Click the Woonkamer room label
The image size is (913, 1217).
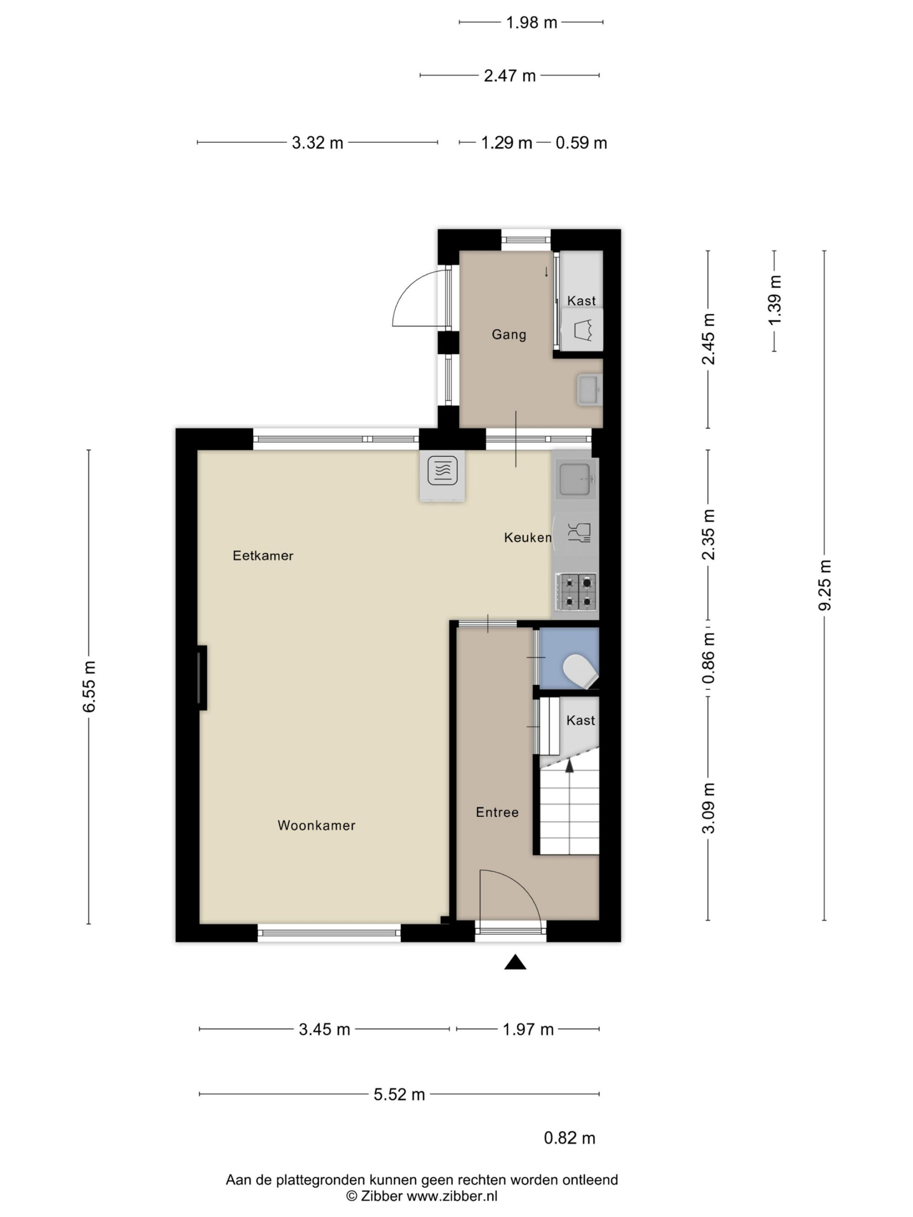316,825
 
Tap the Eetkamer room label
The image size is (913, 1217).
263,556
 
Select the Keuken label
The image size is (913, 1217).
527,538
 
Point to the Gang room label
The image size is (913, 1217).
509,335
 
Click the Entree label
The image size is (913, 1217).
497,812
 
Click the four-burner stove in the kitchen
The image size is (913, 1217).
577,591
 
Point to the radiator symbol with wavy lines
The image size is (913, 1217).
442,471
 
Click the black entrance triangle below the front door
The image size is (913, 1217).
515,962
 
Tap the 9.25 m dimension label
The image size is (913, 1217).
825,585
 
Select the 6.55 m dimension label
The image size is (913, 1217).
88,686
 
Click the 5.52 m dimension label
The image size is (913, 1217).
399,1094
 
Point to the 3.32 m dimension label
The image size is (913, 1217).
318,143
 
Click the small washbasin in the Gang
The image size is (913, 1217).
589,389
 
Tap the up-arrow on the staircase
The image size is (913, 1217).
570,766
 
